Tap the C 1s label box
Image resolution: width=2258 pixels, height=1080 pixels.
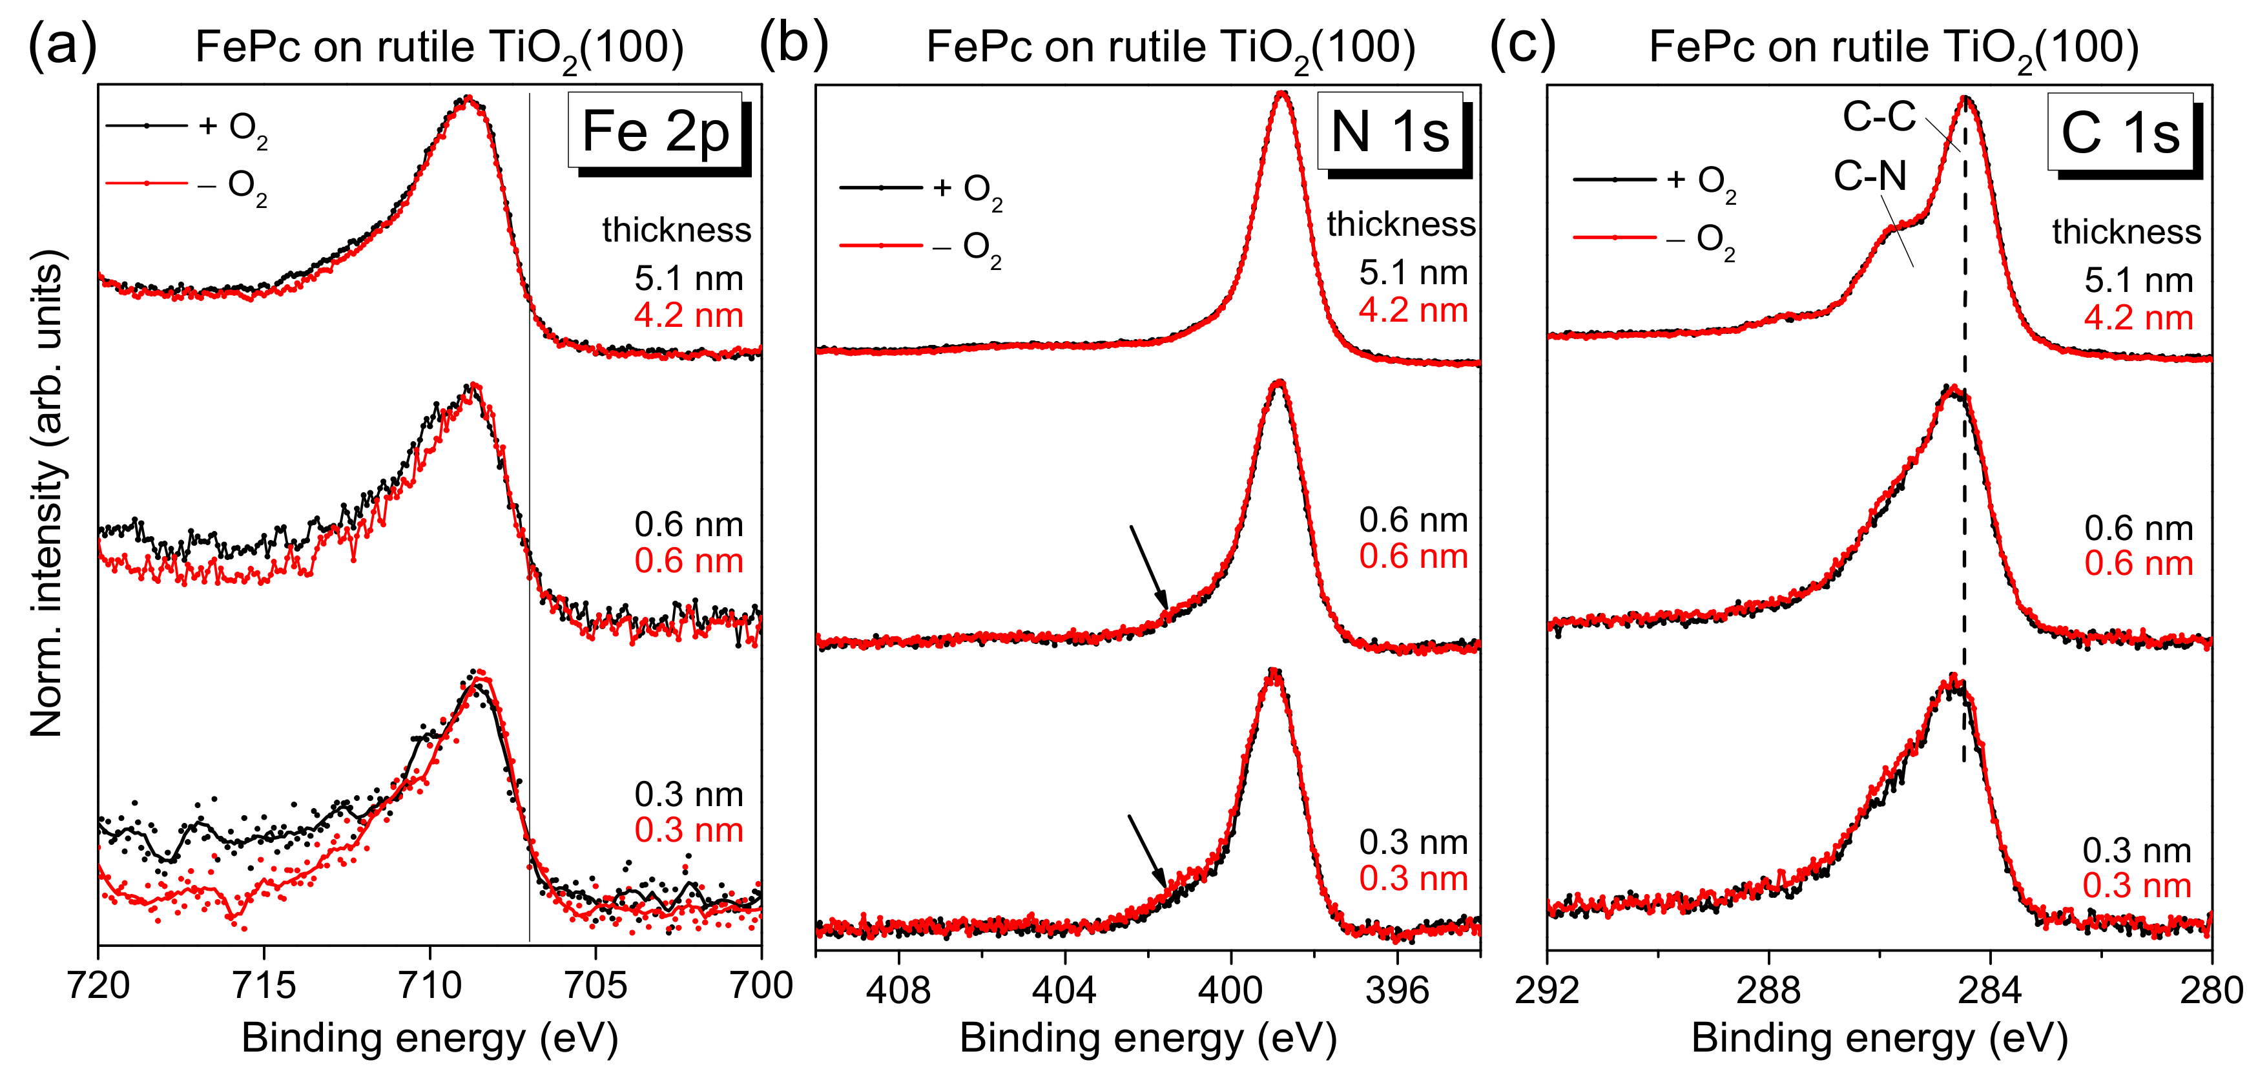2120,133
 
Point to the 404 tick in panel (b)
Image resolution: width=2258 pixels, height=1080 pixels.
1064,989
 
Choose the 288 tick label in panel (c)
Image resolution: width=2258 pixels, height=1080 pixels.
1768,989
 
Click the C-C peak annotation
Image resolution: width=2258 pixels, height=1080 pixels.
1878,116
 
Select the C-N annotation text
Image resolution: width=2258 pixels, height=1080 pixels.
1870,176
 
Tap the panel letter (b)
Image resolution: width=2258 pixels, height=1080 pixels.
793,44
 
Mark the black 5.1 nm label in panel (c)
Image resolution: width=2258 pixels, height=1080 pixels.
2139,280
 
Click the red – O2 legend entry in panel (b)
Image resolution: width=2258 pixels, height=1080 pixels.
920,247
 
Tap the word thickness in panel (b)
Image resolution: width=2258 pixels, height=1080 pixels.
1401,224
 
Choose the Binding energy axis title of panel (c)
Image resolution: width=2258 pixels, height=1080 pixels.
1880,1038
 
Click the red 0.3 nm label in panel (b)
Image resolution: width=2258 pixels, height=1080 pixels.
1413,878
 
